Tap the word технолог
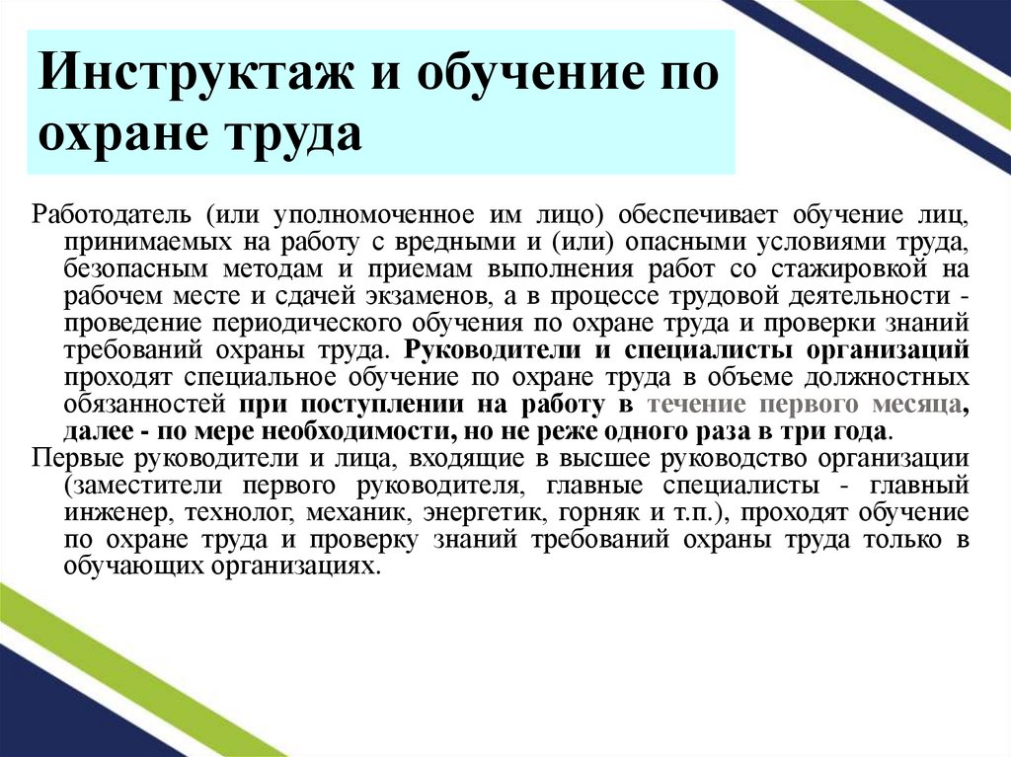click(215, 513)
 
